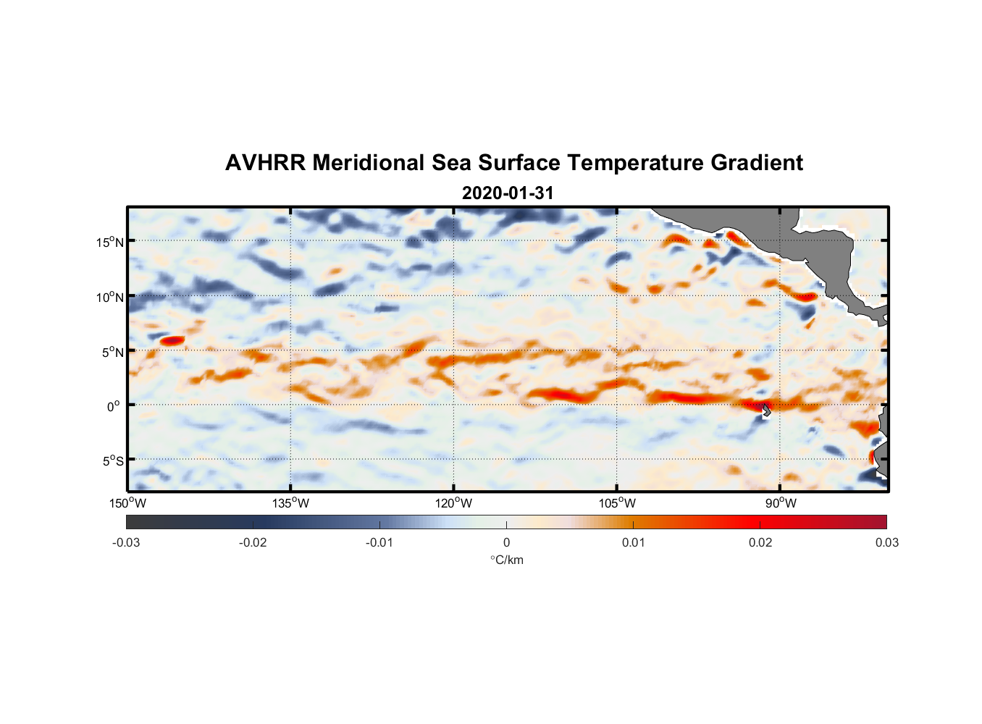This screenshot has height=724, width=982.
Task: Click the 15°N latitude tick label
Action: pyautogui.click(x=110, y=242)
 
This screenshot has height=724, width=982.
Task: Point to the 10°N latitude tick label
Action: pyautogui.click(x=110, y=297)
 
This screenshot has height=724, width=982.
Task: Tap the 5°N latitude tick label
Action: pyautogui.click(x=112, y=352)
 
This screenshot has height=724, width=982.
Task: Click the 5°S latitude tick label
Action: pyautogui.click(x=112, y=460)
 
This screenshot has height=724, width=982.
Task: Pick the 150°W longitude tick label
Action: pyautogui.click(x=128, y=503)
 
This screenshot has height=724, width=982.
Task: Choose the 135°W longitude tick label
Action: pyautogui.click(x=291, y=503)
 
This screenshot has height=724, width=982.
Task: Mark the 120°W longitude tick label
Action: pyautogui.click(x=454, y=503)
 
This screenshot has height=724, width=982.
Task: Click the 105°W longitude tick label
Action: pyautogui.click(x=617, y=503)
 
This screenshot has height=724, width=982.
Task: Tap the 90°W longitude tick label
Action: pyautogui.click(x=781, y=503)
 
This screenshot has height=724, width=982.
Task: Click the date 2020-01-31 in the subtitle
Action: pyautogui.click(x=508, y=193)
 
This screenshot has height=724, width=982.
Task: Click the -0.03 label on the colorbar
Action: pyautogui.click(x=126, y=542)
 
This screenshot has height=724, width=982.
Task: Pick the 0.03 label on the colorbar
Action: pyautogui.click(x=886, y=542)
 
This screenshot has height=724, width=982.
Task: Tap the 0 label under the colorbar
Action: pyautogui.click(x=506, y=542)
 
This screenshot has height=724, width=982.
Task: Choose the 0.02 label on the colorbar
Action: pyautogui.click(x=760, y=542)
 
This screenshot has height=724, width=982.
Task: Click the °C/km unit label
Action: pyautogui.click(x=506, y=560)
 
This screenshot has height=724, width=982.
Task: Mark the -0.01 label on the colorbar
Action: pyautogui.click(x=379, y=542)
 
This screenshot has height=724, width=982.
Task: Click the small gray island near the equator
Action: pyautogui.click(x=766, y=411)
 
